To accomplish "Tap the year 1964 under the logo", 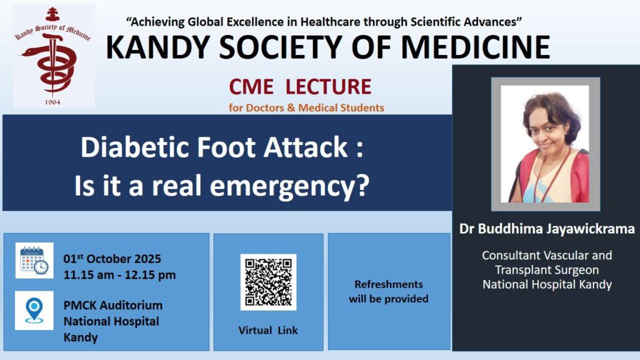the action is pos(52,102).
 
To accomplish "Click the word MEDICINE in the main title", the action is pos(476,47).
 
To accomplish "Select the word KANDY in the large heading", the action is pos(158,47).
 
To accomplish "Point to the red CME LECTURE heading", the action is pos(300,86).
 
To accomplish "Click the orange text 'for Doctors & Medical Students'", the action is pos(306,107).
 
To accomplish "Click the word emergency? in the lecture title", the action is pos(289,186).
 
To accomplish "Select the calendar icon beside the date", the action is pos(34,261).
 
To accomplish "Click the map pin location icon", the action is pos(34,311).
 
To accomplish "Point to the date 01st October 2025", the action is pos(112,259).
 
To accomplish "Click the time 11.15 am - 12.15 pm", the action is pos(119,275).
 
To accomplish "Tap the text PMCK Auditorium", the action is pos(113,305).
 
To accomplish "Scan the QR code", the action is pos(268,282).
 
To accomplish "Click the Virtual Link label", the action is pos(268,330).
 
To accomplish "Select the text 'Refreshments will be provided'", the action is pos(389,291).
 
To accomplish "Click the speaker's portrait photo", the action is pos(545,144).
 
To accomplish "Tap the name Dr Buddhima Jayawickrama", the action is pos(547,229).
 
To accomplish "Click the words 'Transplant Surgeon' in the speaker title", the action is pos(547,270).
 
